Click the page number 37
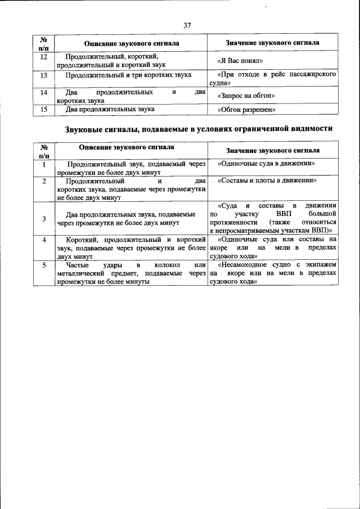pyautogui.click(x=188, y=25)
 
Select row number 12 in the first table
pyautogui.click(x=44, y=56)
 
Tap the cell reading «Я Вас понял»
pyautogui.click(x=240, y=61)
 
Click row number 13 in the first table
pyautogui.click(x=44, y=75)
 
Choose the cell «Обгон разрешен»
pyautogui.click(x=246, y=110)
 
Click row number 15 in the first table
pyautogui.click(x=44, y=109)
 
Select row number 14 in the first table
pyautogui.click(x=44, y=92)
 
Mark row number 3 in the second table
pyautogui.click(x=44, y=218)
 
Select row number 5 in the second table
pyautogui.click(x=44, y=264)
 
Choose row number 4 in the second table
pyautogui.click(x=44, y=240)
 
